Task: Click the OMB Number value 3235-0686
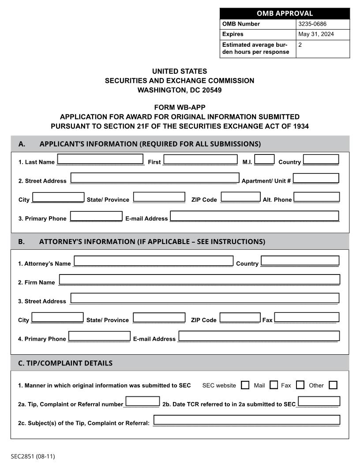312,24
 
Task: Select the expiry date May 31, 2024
316,34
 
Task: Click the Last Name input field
100,159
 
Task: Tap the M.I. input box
265,159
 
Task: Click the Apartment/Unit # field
316,178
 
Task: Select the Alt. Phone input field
316,197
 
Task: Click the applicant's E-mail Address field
255,216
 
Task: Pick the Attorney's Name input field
154,261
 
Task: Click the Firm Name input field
199,280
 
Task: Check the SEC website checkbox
245,385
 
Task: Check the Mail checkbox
274,385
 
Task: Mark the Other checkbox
333,385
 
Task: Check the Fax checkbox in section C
300,385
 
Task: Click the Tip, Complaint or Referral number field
142,402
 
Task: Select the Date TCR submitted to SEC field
319,402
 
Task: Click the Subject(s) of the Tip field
247,420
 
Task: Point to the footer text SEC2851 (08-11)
33,456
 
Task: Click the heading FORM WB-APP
180,107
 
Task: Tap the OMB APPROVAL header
285,13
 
